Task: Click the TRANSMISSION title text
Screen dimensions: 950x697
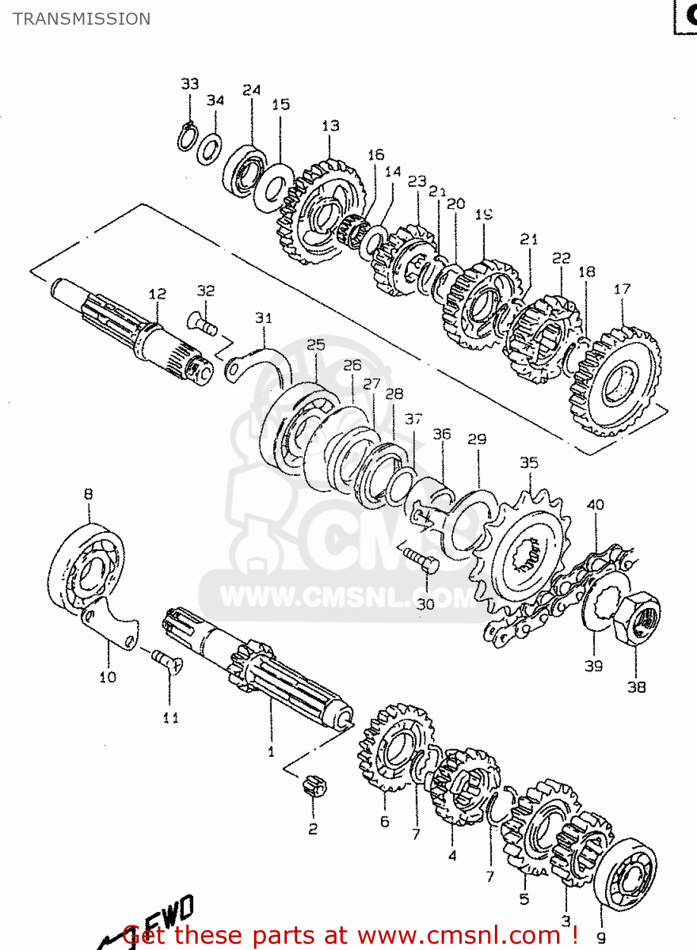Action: (82, 19)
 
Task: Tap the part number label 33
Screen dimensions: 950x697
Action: (189, 84)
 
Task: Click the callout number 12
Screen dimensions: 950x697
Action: (157, 294)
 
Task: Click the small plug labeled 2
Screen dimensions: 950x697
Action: (314, 786)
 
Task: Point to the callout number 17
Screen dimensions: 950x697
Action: (622, 289)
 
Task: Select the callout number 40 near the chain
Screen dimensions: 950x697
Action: (595, 505)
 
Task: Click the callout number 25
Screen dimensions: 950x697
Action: (316, 345)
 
